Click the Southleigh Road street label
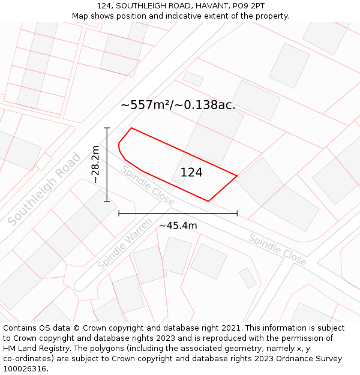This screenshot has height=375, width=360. (x=44, y=190)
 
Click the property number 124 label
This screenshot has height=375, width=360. (x=191, y=173)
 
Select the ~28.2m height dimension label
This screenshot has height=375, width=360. (x=95, y=164)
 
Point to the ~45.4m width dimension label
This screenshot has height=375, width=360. (x=178, y=226)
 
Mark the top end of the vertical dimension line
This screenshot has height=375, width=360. (x=107, y=128)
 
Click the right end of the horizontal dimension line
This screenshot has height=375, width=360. (x=238, y=213)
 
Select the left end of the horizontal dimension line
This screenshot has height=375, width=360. (x=119, y=213)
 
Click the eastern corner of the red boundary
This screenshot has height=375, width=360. (x=238, y=176)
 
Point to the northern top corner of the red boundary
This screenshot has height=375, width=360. (x=131, y=128)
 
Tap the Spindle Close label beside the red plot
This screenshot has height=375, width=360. (x=148, y=185)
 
